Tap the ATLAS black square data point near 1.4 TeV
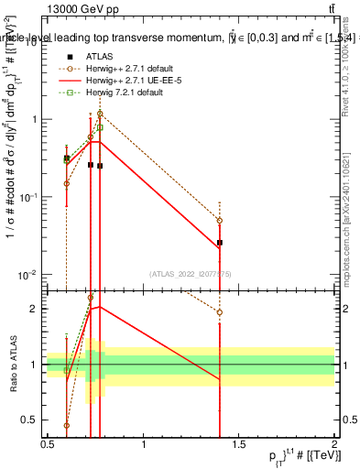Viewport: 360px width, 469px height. pyautogui.click(x=220, y=243)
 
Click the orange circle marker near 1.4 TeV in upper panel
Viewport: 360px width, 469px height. pyautogui.click(x=220, y=220)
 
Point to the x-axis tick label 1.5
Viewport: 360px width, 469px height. pyautogui.click(x=239, y=444)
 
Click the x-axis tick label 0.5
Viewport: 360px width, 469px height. pyautogui.click(x=49, y=444)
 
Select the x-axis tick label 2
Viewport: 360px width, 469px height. pyautogui.click(x=334, y=444)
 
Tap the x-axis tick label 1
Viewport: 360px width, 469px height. pyautogui.click(x=144, y=444)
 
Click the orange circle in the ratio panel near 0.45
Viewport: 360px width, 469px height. pyautogui.click(x=67, y=425)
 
